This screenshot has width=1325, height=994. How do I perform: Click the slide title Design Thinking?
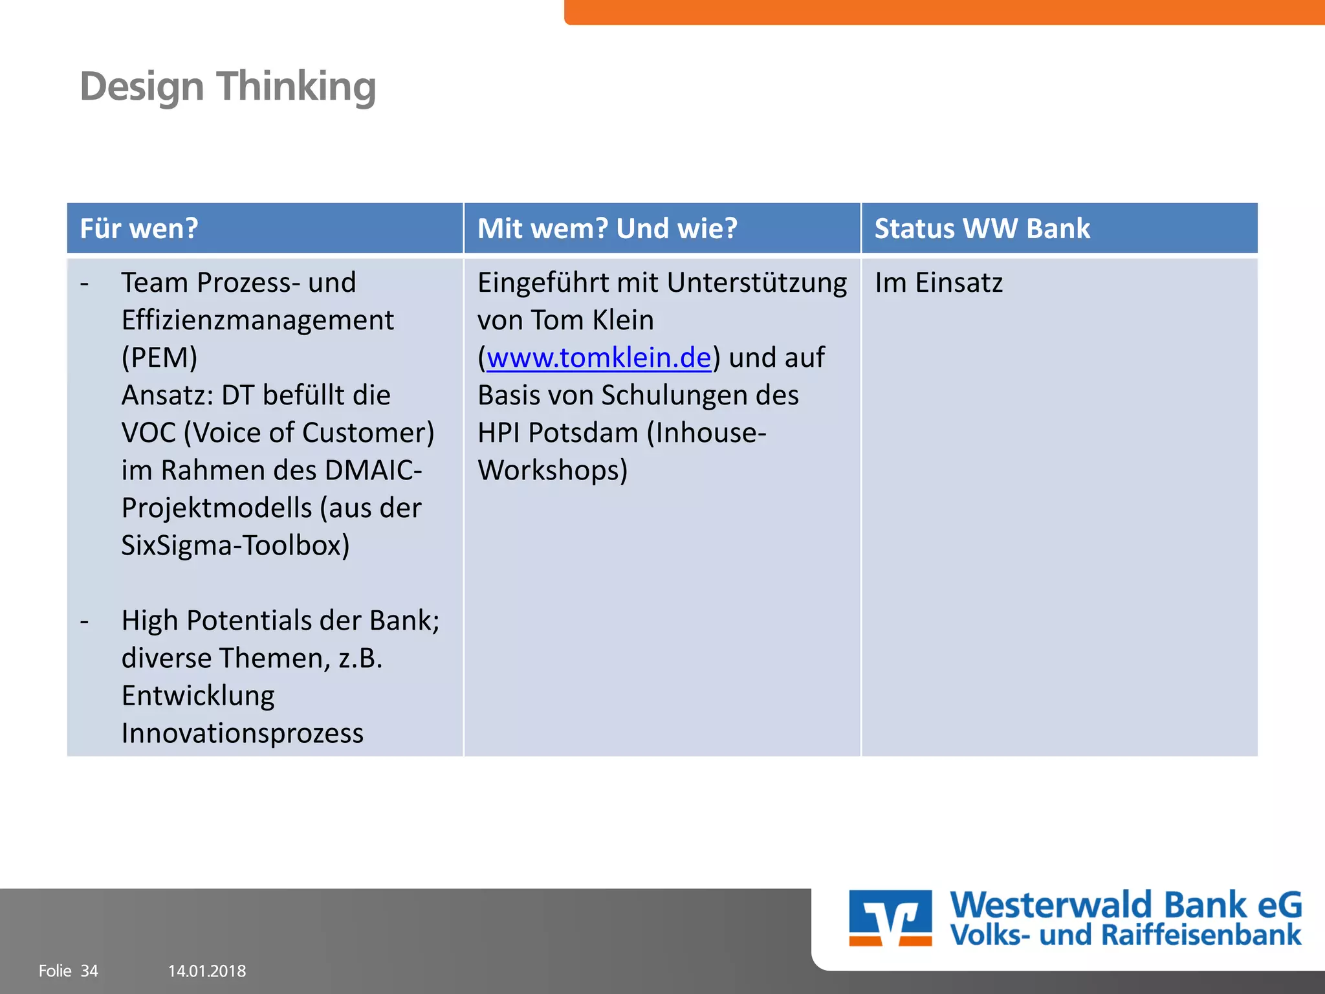point(228,87)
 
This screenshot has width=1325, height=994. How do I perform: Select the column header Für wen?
point(139,228)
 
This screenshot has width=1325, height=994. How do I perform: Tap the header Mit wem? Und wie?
point(607,228)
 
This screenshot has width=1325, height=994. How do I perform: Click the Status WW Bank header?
point(981,228)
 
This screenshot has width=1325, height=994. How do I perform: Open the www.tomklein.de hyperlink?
point(598,358)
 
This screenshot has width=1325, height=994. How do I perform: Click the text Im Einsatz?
point(938,283)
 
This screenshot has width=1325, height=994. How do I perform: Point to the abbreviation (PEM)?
point(159,358)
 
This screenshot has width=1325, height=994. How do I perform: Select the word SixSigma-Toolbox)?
point(235,546)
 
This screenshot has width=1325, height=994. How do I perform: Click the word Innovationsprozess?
point(242,733)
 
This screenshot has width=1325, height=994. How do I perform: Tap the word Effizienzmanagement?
point(257,320)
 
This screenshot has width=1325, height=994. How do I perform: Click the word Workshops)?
point(553,470)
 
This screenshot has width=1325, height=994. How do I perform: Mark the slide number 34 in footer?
point(89,971)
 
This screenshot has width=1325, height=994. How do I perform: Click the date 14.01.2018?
point(207,971)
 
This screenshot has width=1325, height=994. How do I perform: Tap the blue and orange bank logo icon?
point(890,918)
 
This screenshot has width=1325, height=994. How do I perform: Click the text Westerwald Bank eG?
point(1126,905)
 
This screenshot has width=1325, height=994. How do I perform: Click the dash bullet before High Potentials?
point(85,621)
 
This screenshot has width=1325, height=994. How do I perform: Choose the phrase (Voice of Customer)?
point(309,433)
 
